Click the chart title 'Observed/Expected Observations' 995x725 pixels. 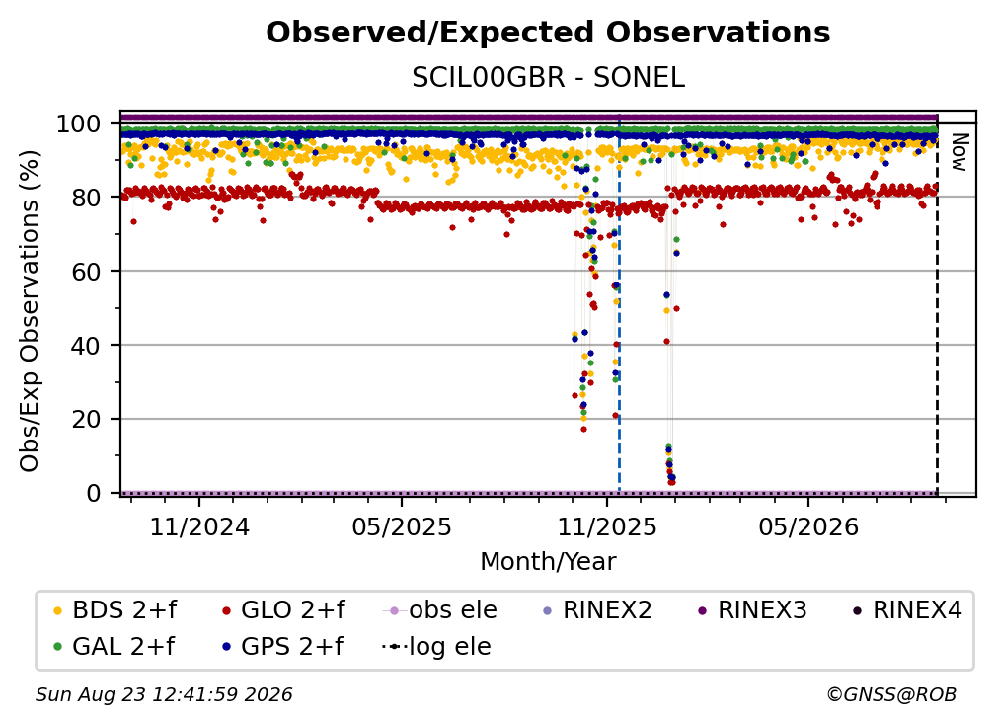(x=548, y=33)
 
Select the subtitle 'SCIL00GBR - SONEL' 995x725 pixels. (x=548, y=78)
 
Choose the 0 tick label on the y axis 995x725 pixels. (x=94, y=493)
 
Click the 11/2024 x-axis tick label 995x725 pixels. (x=199, y=526)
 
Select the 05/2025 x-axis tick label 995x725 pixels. (x=402, y=526)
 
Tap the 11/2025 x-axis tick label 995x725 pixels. (x=607, y=526)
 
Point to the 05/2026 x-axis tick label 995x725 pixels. (x=807, y=526)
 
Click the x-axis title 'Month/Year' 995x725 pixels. (x=548, y=561)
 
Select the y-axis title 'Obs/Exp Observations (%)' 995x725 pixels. (x=30, y=310)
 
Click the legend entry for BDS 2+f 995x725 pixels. (x=115, y=610)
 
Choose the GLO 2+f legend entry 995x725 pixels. (x=283, y=610)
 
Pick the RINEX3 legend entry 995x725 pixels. (x=752, y=610)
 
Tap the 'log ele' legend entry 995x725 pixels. (x=437, y=647)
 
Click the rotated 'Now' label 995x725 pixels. (x=958, y=152)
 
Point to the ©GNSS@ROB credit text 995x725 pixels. (x=891, y=694)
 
